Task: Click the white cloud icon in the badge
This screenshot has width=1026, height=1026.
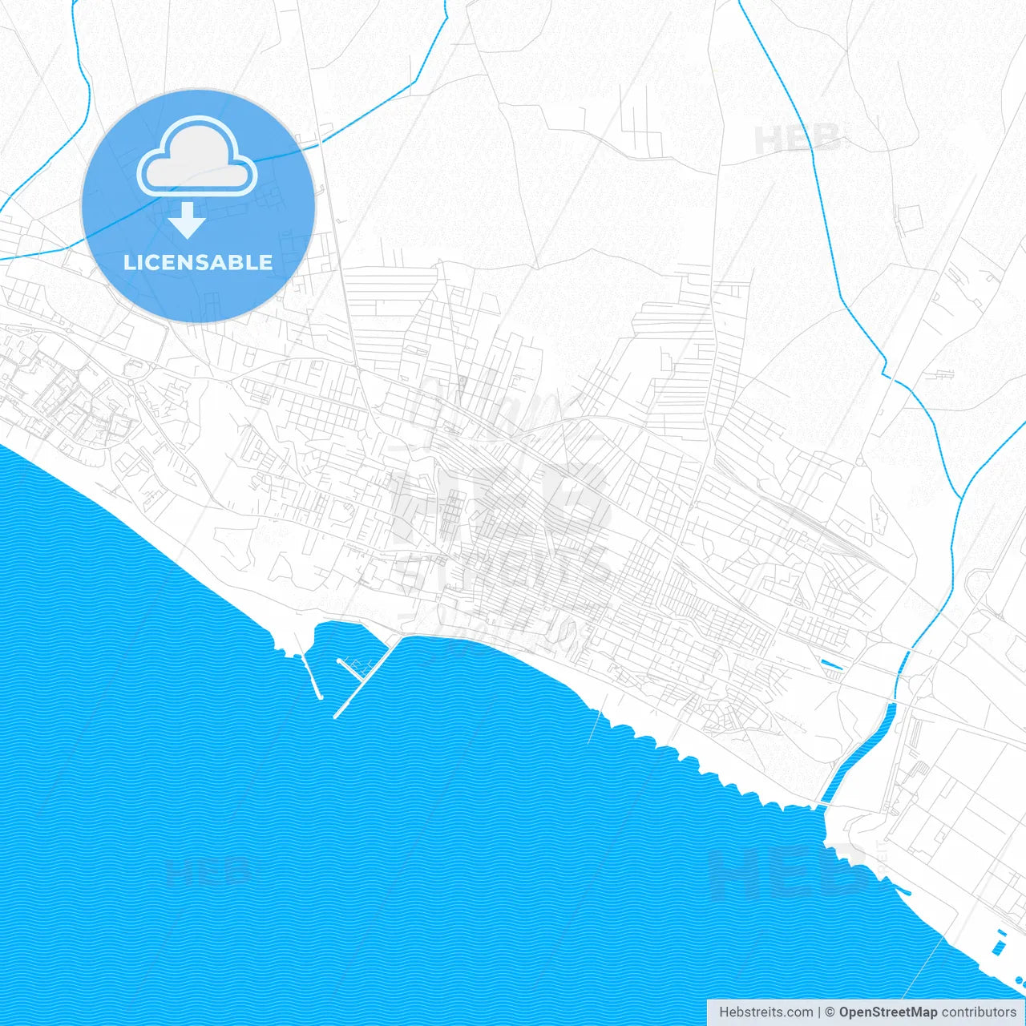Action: (x=197, y=159)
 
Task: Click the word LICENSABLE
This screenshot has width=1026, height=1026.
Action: (x=198, y=262)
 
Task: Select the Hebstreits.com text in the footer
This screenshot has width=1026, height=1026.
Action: (x=765, y=1012)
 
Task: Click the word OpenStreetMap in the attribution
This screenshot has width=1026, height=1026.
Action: (x=888, y=1012)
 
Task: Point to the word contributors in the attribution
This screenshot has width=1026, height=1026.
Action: (x=979, y=1012)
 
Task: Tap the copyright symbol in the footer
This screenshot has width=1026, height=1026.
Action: (x=830, y=1012)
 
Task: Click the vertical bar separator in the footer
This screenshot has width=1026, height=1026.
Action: (x=819, y=1012)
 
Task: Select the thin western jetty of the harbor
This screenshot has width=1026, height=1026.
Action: (x=311, y=677)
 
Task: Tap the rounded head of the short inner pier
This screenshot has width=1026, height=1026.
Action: (x=341, y=661)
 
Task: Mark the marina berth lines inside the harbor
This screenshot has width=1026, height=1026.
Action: (x=357, y=665)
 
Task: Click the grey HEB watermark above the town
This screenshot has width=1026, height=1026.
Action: (x=798, y=139)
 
